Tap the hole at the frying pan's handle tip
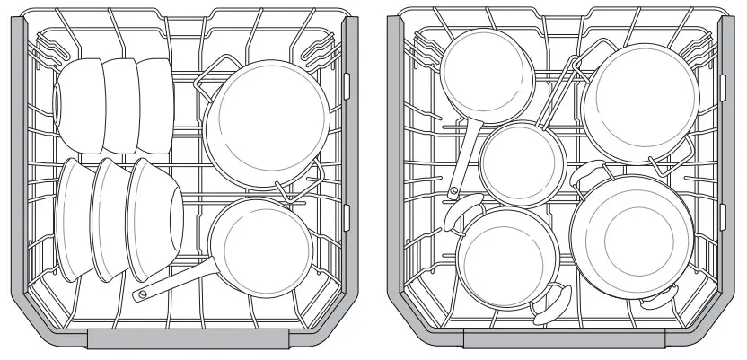point(139,294)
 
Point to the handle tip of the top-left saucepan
point(453,189)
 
